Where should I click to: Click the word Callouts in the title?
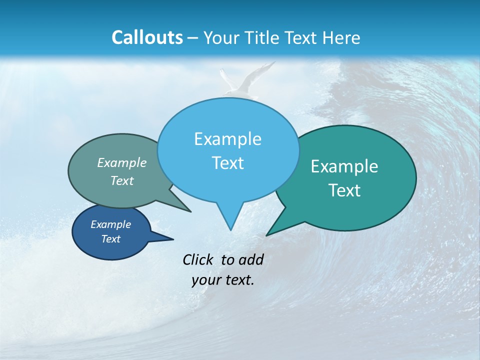[147, 37]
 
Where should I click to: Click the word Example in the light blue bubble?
[227, 139]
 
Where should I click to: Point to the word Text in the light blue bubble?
[227, 163]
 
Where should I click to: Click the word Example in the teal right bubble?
[344, 166]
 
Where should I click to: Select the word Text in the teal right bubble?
[344, 190]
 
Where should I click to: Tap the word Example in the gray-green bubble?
[122, 163]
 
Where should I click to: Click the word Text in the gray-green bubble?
[122, 180]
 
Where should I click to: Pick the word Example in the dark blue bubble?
[110, 224]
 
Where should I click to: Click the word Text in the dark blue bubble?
[110, 239]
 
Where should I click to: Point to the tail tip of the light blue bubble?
[230, 229]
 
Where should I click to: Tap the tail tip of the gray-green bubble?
[190, 211]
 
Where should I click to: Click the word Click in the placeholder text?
[199, 259]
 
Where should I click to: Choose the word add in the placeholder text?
[250, 259]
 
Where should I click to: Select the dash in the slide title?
[193, 37]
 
